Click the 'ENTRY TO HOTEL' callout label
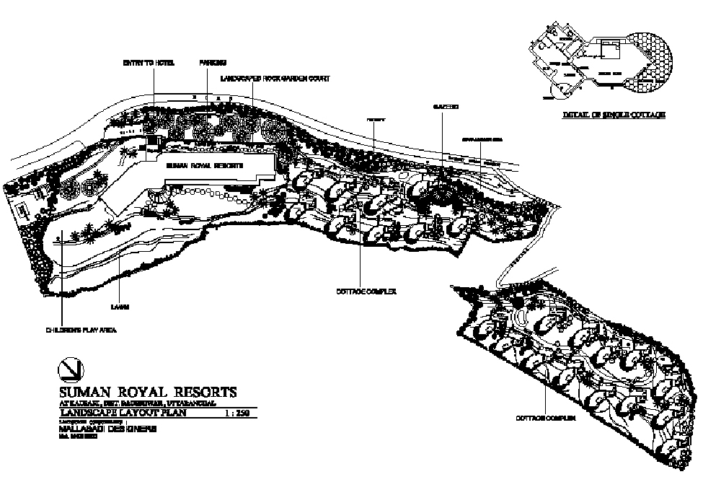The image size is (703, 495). tap(149, 63)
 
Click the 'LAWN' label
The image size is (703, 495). tap(120, 307)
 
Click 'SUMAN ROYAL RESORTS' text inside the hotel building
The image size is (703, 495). tap(205, 165)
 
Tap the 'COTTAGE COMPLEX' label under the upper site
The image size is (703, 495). tap(367, 292)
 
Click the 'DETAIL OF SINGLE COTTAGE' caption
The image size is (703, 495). tap(613, 115)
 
